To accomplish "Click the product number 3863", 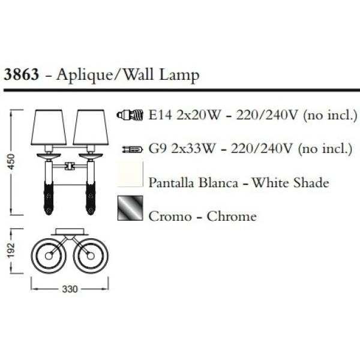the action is (x=22, y=74).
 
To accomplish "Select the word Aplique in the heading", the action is (x=84, y=76).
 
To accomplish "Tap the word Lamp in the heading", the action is (x=179, y=76).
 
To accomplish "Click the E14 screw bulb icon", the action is (x=130, y=115).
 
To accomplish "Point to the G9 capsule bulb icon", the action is (x=133, y=149).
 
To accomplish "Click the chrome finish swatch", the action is (x=130, y=208).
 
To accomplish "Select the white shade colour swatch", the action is (x=130, y=174).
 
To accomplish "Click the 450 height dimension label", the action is (x=11, y=162).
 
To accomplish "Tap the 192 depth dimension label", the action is (x=11, y=250).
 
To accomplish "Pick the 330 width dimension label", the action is (x=70, y=289).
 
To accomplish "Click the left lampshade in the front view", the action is (x=49, y=127).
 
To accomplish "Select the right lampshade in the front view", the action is (x=91, y=127).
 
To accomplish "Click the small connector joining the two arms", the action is (x=70, y=166).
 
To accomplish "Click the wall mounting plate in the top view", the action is (x=70, y=232).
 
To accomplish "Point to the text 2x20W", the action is (x=199, y=115).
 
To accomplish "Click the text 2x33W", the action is (x=193, y=149).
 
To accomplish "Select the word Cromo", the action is (x=170, y=216).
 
